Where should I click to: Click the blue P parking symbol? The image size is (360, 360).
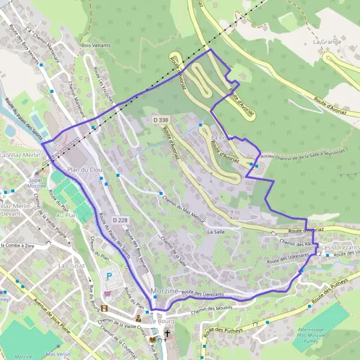[x=109, y=275]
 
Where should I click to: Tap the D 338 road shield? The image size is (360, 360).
[x=160, y=121]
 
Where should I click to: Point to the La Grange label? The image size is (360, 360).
[x=326, y=43]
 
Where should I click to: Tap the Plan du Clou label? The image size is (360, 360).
[x=85, y=170]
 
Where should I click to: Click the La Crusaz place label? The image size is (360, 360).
[x=70, y=265]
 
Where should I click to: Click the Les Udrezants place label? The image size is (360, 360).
[x=340, y=248]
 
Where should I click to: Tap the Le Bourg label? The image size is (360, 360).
[x=161, y=319]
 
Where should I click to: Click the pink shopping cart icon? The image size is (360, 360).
[x=107, y=294]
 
